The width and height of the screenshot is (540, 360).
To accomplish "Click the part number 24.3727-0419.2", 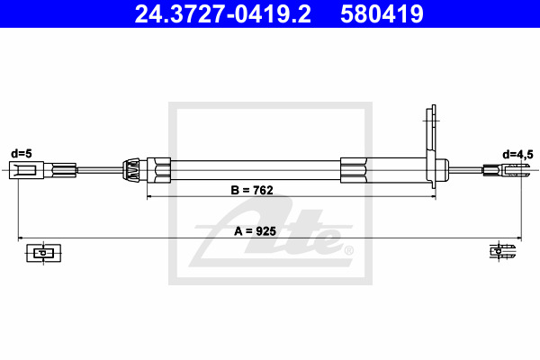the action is tap(222, 14).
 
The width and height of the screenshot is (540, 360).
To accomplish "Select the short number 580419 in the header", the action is tap(382, 14).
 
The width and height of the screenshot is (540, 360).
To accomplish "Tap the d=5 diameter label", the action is tap(22, 154).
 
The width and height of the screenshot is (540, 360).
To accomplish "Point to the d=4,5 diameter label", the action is tap(517, 154).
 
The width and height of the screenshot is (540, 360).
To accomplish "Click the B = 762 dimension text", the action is tap(252, 190).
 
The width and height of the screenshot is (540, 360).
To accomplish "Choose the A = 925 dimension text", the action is tap(256, 231).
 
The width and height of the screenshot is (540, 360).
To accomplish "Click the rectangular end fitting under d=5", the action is tap(26, 170).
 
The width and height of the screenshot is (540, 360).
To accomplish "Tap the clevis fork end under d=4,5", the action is tap(506, 170).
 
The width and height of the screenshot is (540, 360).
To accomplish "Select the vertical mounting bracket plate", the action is tap(431, 147).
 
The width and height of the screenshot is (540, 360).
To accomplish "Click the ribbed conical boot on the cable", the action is tap(131, 170).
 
